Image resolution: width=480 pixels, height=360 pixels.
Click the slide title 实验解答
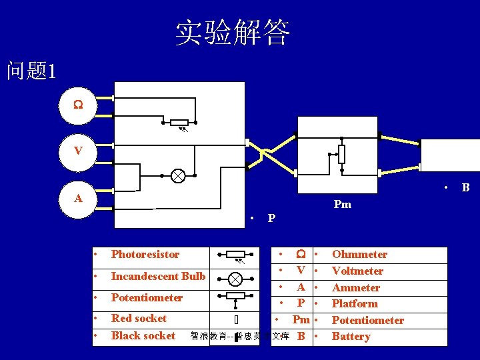click(x=233, y=32)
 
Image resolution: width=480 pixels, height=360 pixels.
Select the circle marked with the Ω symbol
click(x=78, y=105)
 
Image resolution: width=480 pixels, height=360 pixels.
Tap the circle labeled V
click(x=78, y=151)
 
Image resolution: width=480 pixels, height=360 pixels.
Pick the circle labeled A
click(x=78, y=198)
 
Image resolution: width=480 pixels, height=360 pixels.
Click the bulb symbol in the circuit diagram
click(x=178, y=176)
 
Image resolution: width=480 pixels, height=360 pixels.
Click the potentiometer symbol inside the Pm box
click(x=341, y=154)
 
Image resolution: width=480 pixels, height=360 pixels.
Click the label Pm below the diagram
click(x=342, y=204)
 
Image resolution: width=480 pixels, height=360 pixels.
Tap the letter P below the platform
click(x=271, y=218)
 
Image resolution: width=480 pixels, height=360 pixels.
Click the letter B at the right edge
click(x=465, y=188)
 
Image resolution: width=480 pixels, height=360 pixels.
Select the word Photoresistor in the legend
click(x=145, y=254)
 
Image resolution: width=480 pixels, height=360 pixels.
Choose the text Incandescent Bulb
click(x=158, y=276)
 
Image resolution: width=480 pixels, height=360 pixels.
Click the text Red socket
click(x=139, y=318)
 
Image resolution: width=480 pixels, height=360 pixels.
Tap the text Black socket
click(x=143, y=335)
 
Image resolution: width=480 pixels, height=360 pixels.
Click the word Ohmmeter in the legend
click(x=359, y=254)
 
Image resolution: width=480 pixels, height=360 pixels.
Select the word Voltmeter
click(x=357, y=271)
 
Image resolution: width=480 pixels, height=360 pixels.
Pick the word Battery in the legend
click(x=351, y=336)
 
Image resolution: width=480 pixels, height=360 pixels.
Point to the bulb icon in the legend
click(x=235, y=276)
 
